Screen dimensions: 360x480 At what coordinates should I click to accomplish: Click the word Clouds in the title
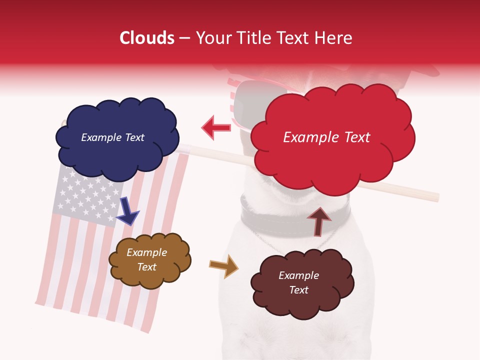click(x=147, y=38)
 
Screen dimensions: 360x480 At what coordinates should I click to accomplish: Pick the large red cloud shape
click(x=332, y=160)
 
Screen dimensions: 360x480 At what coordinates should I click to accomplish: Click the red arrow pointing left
click(x=216, y=127)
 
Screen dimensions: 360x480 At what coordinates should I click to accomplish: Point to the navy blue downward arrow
click(x=128, y=210)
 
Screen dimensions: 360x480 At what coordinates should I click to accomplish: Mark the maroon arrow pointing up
click(x=319, y=221)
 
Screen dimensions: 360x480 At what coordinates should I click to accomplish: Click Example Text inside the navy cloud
click(x=112, y=137)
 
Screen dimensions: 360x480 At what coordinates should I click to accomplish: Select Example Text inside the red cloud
click(x=326, y=137)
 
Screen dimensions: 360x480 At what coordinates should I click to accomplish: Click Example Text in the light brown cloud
click(x=147, y=259)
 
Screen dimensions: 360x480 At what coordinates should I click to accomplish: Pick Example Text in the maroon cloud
click(x=298, y=282)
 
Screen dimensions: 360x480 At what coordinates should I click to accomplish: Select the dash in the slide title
click(x=184, y=38)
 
